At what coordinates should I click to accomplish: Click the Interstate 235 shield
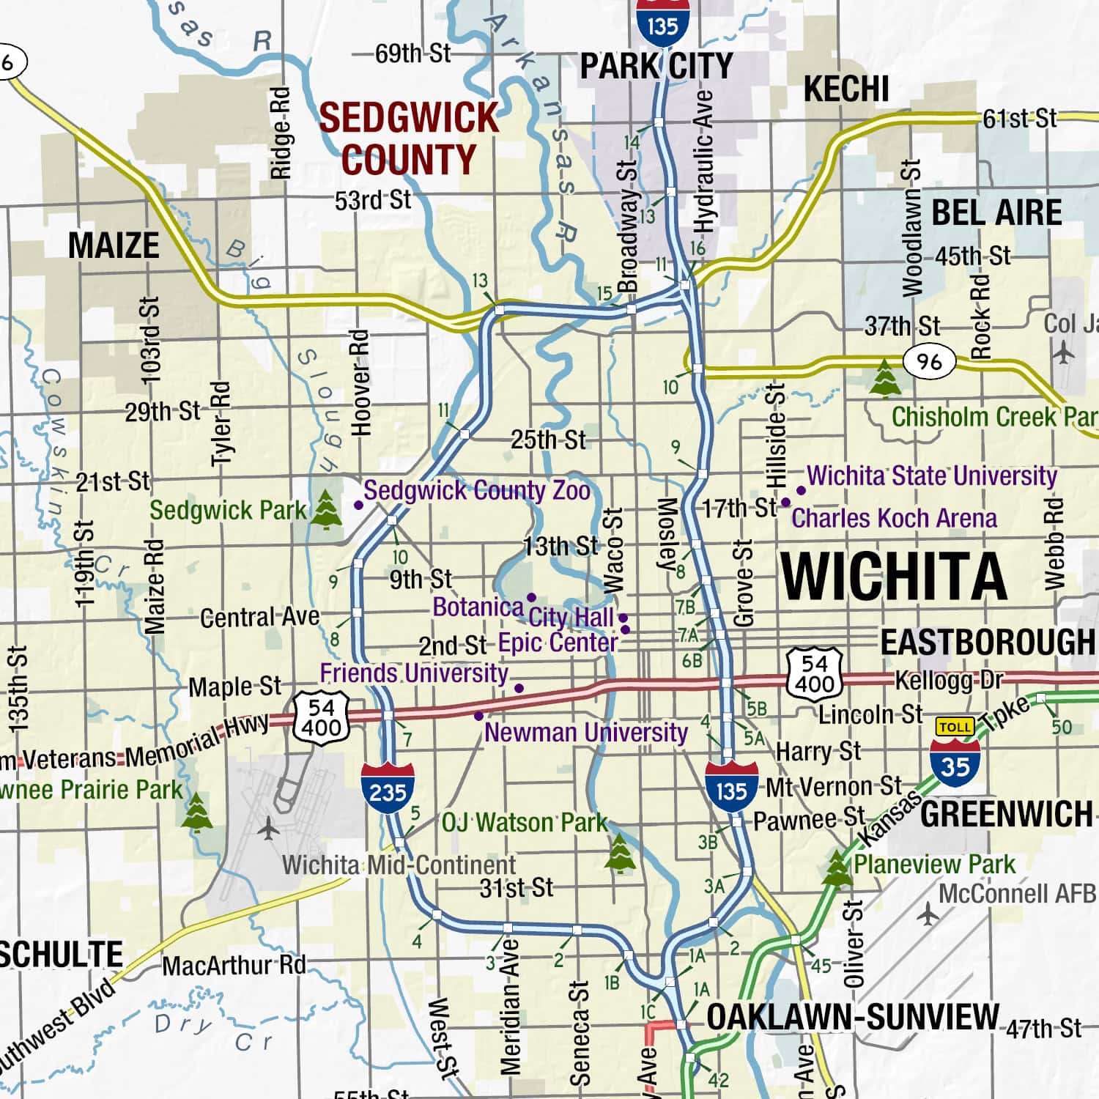click(x=388, y=787)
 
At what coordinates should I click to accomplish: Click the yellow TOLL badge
click(x=955, y=727)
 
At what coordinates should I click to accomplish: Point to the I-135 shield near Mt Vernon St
click(x=731, y=785)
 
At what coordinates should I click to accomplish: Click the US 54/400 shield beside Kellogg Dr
click(x=815, y=672)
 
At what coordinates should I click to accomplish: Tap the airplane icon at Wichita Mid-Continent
click(x=269, y=829)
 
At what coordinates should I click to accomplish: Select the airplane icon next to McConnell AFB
click(x=928, y=914)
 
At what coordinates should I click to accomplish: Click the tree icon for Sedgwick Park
click(x=326, y=510)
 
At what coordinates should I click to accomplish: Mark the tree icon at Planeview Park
click(x=837, y=867)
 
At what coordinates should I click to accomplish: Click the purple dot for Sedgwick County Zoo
click(x=358, y=505)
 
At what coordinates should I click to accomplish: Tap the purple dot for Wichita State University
click(x=801, y=490)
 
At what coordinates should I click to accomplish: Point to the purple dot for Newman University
click(x=478, y=716)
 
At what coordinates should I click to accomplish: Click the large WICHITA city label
click(x=894, y=576)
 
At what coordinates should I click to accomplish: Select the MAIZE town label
click(x=114, y=245)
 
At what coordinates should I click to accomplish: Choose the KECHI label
click(x=846, y=89)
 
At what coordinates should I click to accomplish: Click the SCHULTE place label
click(x=62, y=954)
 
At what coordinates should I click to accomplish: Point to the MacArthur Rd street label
click(x=234, y=965)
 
